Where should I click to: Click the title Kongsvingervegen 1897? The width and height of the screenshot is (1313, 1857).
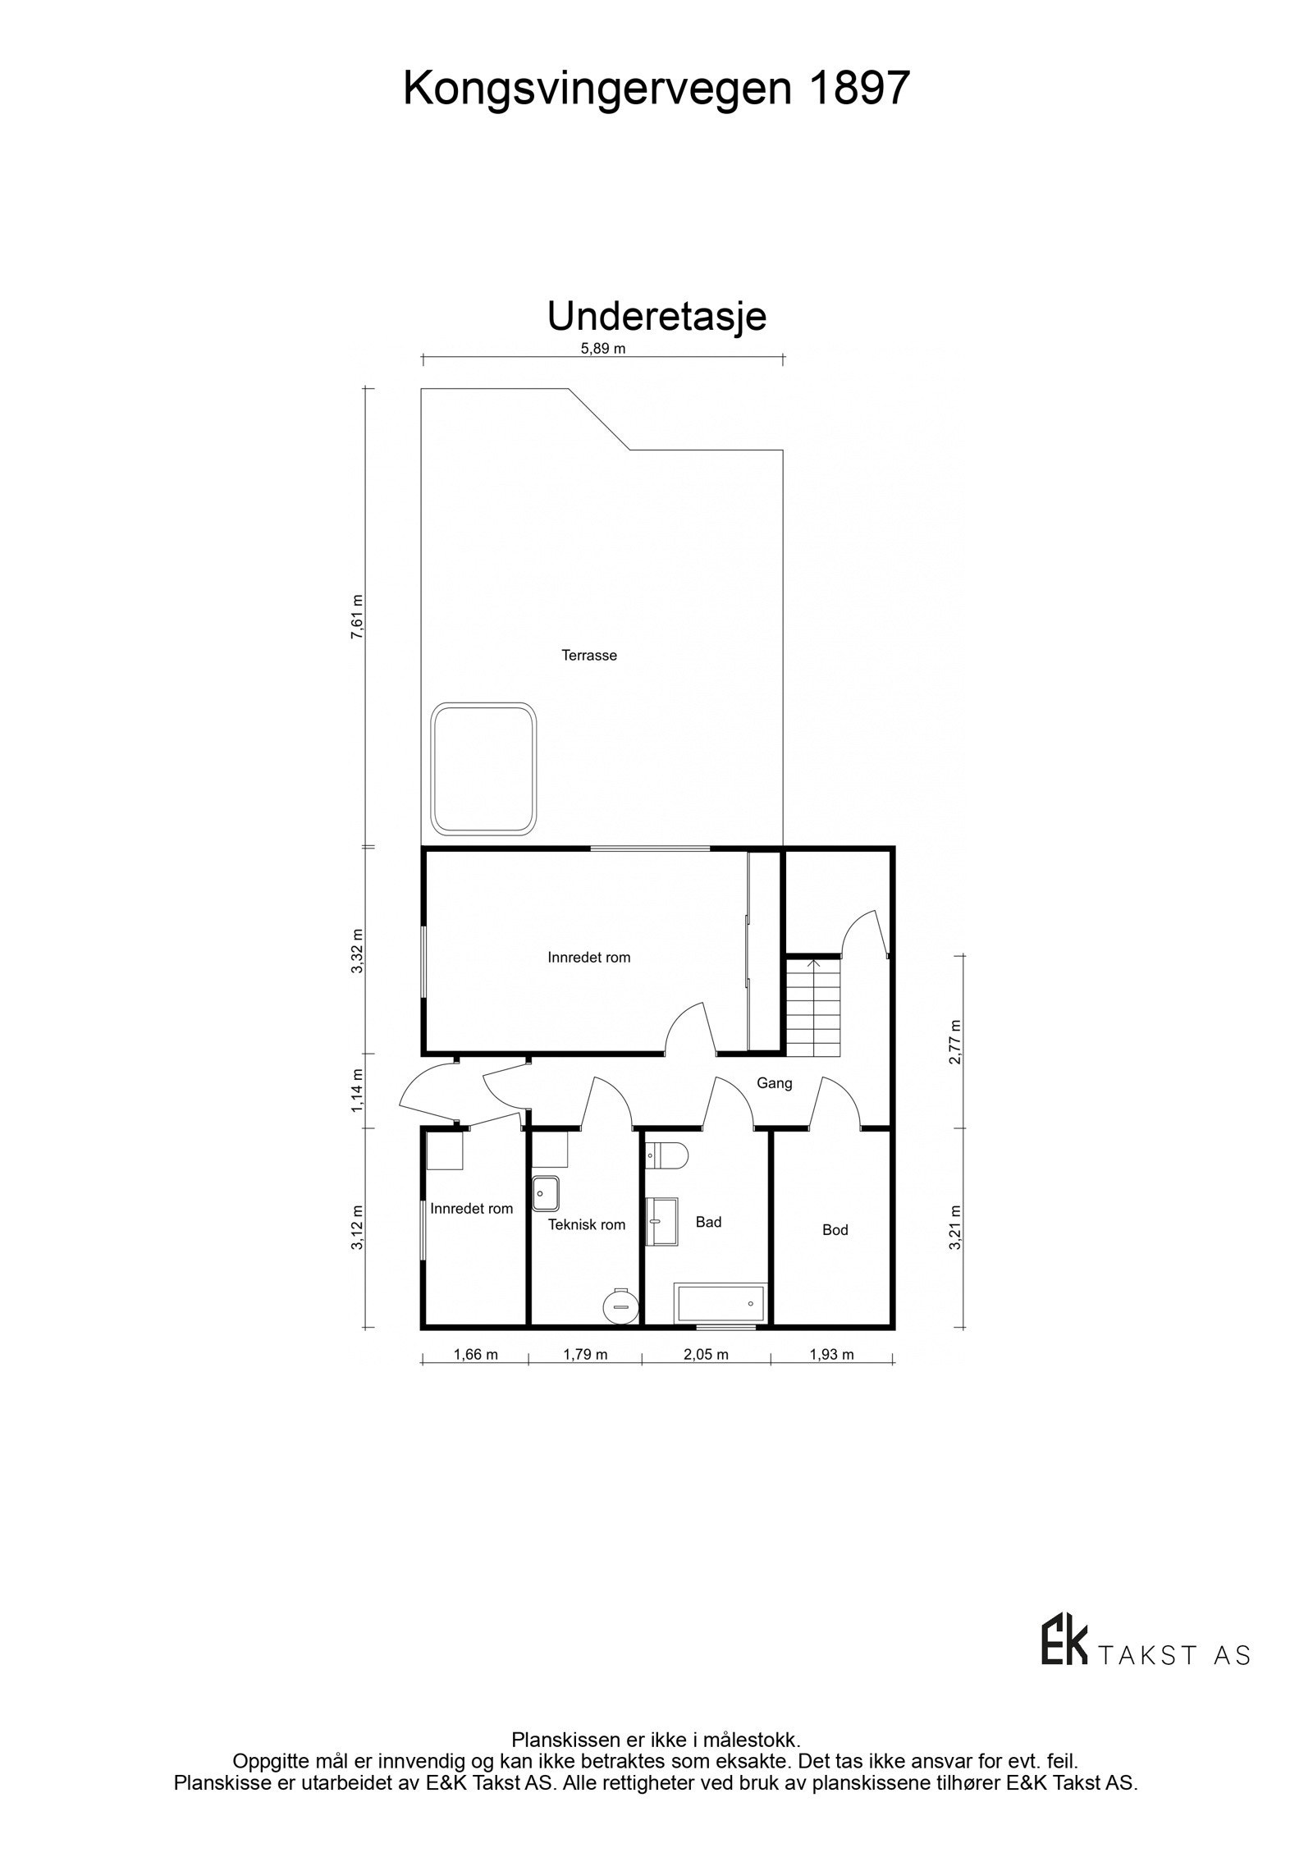(656, 89)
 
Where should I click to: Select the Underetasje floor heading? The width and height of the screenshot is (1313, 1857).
(656, 317)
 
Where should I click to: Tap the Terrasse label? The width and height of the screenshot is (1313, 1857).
(588, 656)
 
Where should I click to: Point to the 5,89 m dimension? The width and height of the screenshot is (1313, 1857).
(602, 348)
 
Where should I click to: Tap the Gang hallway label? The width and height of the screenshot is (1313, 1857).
(774, 1083)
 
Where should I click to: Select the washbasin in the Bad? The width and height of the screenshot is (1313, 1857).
(662, 1222)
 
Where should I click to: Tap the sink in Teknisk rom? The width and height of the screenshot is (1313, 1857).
(546, 1193)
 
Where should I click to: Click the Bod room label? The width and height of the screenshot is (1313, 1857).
(835, 1230)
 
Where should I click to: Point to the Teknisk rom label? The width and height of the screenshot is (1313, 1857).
(586, 1225)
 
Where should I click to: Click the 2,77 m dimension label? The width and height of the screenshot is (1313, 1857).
(954, 1042)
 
